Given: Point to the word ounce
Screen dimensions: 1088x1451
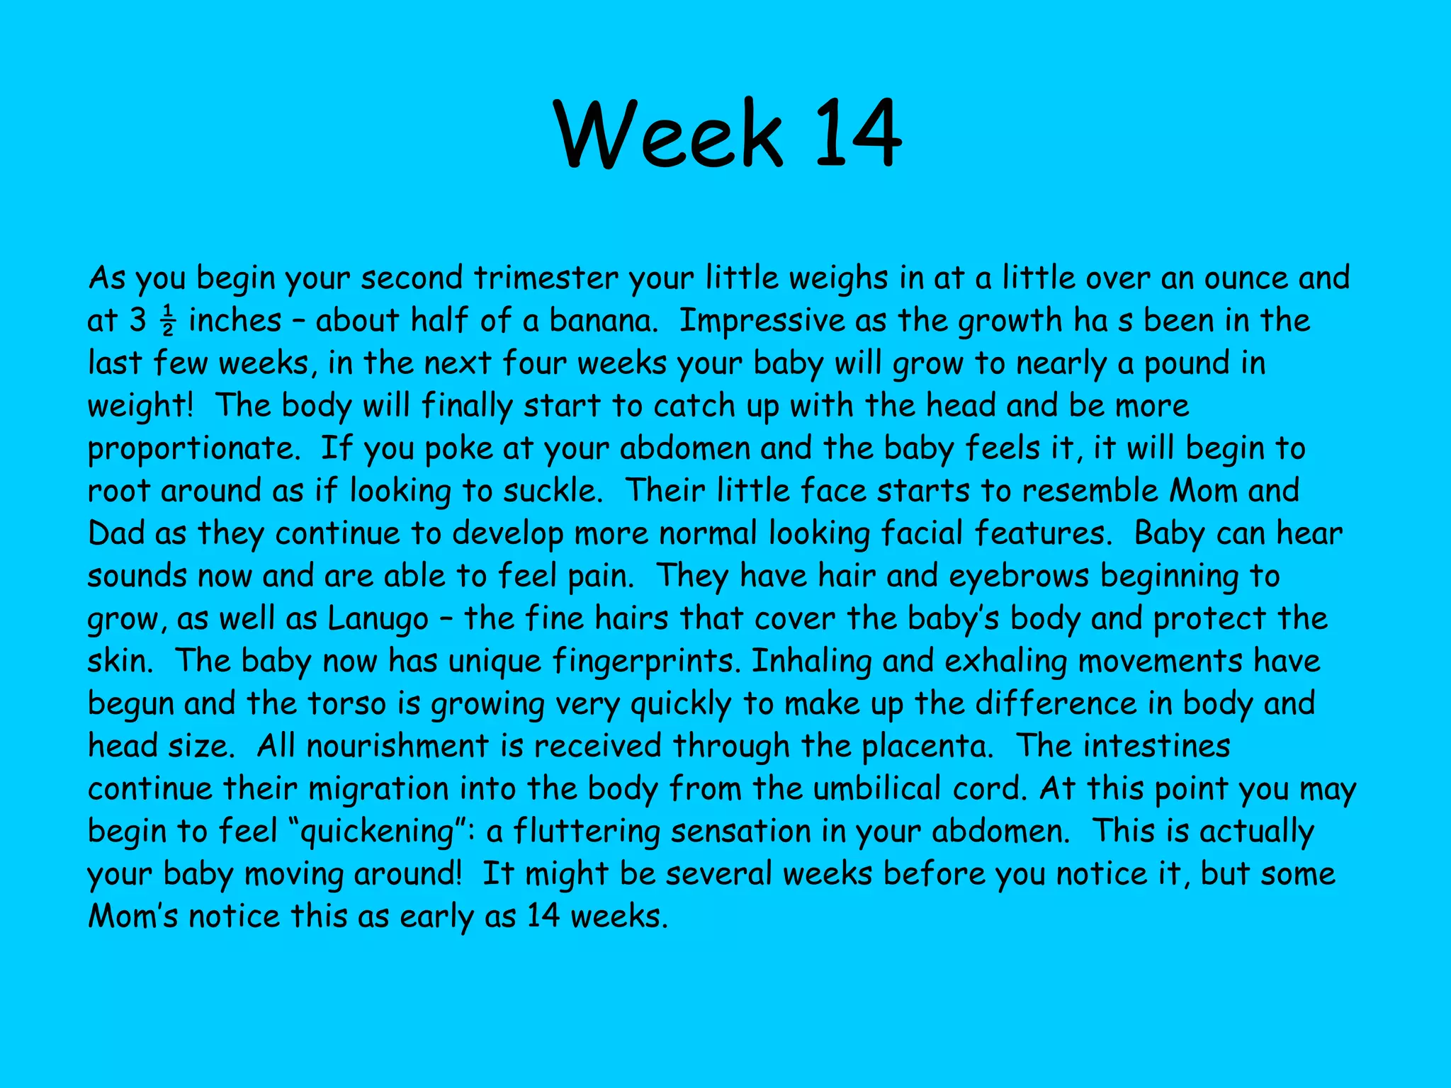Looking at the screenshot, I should (x=1246, y=278).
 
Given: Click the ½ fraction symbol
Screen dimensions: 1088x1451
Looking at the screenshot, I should (x=168, y=321).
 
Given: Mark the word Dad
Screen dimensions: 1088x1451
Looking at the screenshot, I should (x=116, y=533).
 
